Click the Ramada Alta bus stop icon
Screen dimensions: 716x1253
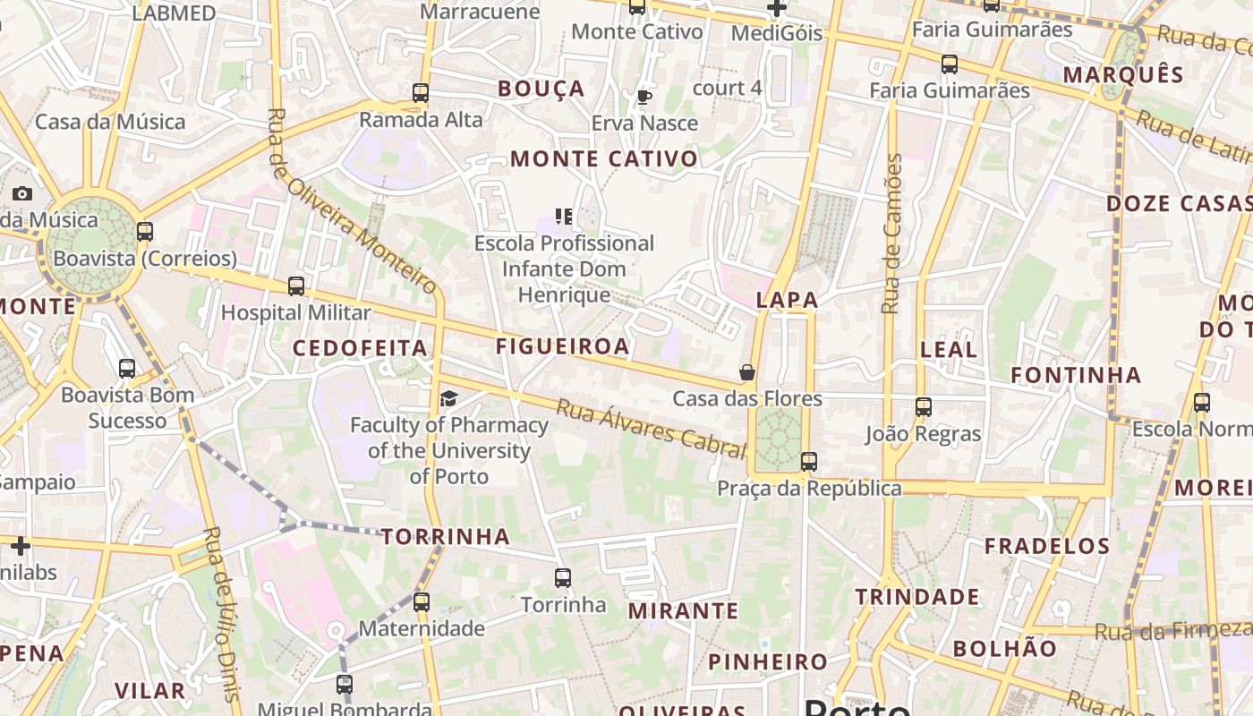point(421,92)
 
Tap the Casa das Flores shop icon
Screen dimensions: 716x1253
point(747,372)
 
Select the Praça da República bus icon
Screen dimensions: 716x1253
point(809,462)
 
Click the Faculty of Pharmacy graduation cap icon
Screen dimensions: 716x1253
point(448,398)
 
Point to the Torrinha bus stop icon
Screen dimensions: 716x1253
point(563,578)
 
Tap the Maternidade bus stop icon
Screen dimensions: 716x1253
point(422,602)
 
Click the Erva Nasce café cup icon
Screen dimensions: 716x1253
point(644,97)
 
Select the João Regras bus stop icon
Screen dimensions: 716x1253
point(924,407)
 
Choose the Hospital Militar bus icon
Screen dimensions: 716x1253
point(296,286)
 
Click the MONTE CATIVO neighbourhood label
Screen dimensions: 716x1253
point(604,159)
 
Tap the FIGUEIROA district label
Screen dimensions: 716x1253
point(563,346)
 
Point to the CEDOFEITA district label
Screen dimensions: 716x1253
point(361,348)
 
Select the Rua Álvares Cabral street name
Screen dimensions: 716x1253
point(651,428)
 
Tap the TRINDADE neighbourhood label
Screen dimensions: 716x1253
point(917,597)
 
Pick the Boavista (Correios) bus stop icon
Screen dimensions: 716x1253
point(145,232)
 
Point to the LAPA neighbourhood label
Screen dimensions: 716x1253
point(788,300)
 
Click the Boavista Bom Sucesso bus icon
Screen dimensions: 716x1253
point(127,368)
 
